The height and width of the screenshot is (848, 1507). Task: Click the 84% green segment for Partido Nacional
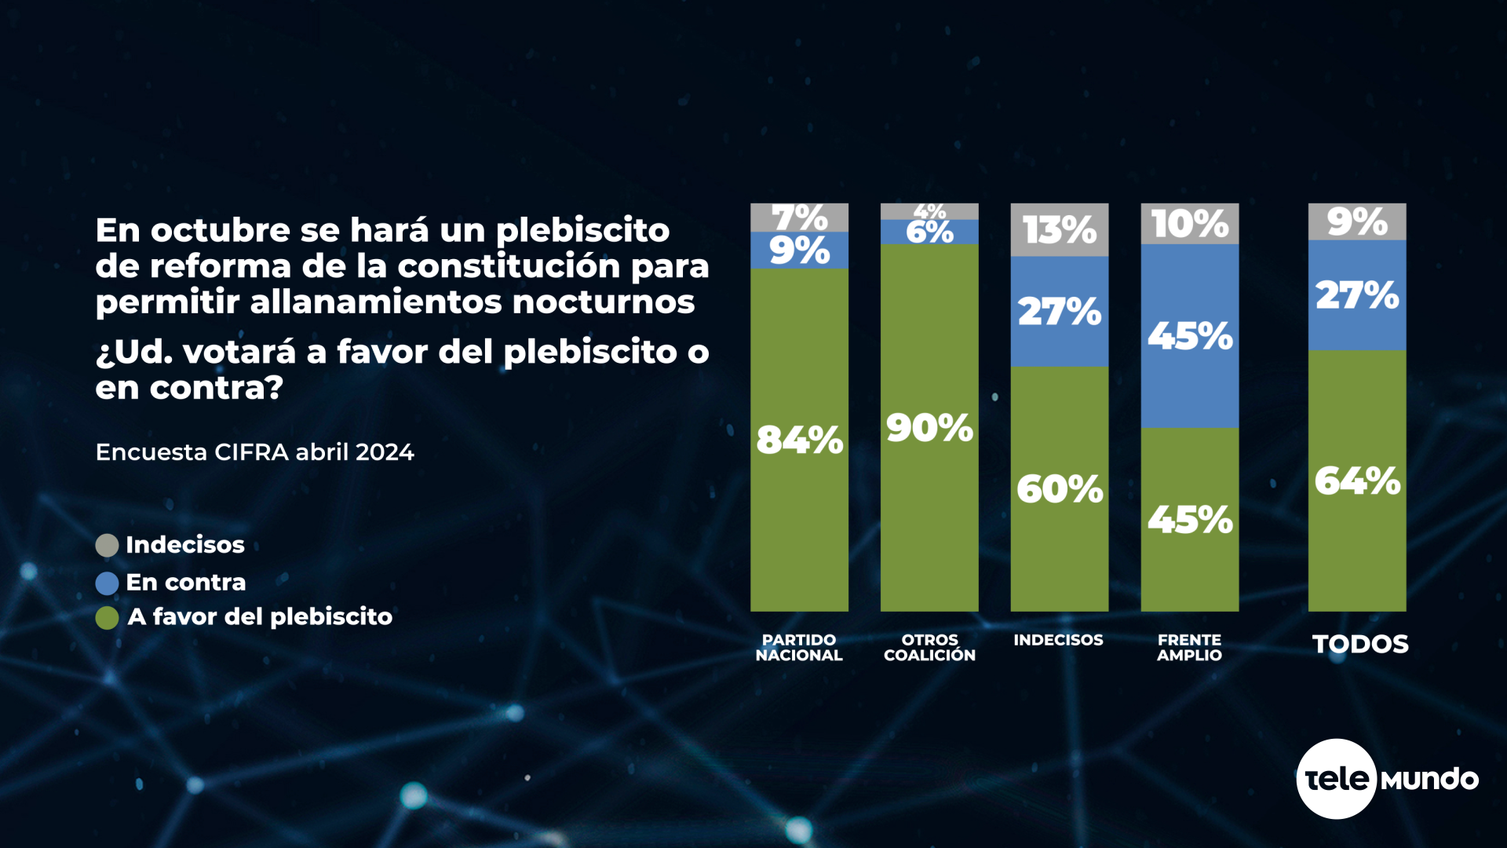(799, 440)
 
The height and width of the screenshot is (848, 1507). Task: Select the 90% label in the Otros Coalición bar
(929, 428)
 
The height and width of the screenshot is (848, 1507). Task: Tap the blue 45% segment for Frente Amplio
(1190, 336)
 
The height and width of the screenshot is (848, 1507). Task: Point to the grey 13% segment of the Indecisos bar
(1060, 230)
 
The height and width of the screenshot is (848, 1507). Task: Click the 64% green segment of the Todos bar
(1357, 481)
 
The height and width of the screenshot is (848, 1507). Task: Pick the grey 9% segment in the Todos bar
(1357, 221)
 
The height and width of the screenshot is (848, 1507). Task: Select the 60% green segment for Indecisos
(1060, 488)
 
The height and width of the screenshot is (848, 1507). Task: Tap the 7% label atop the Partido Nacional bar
(799, 217)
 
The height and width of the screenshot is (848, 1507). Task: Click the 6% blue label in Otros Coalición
(929, 232)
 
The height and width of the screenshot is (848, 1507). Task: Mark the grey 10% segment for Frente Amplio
(1190, 224)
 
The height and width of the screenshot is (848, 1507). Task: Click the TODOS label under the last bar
(1360, 644)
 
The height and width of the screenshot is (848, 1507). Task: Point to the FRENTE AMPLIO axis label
(1189, 648)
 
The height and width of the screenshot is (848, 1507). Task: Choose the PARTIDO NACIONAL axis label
(799, 648)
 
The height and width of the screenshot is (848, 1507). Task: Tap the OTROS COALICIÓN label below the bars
(929, 648)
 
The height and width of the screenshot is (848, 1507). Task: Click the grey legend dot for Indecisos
(107, 545)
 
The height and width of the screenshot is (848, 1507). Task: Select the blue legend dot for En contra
(107, 583)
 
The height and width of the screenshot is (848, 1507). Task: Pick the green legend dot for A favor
(107, 617)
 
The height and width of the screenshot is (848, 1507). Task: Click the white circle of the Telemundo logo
(1336, 779)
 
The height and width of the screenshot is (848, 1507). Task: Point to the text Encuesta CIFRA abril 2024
(254, 452)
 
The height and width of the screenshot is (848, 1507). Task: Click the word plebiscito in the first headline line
(582, 231)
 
